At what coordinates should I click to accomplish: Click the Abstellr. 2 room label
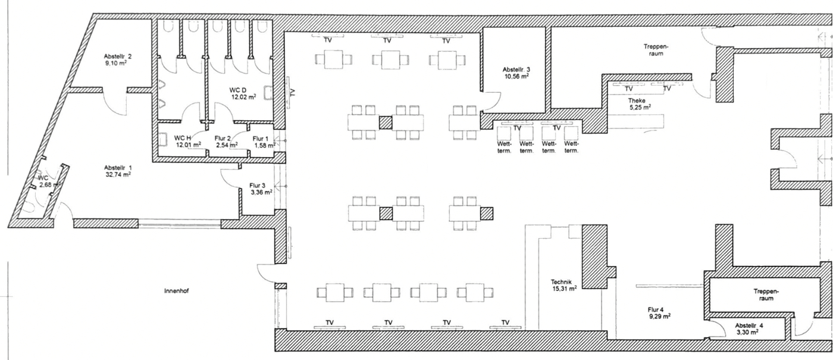pos(117,57)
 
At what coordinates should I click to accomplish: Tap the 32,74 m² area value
pos(117,175)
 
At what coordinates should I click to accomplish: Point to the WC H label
pos(183,137)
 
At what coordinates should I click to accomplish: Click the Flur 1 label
pos(261,139)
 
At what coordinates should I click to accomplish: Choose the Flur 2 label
pos(223,137)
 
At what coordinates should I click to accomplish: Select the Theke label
pos(637,101)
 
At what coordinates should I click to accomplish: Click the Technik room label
pos(562,282)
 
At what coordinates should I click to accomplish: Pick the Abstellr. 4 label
pos(749,325)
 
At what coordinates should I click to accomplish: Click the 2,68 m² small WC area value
pos(49,185)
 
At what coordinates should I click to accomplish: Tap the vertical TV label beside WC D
pos(292,92)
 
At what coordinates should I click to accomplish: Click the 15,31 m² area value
pos(564,289)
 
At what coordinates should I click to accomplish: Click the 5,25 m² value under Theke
pos(640,108)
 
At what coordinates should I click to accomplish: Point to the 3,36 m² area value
pos(260,192)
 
